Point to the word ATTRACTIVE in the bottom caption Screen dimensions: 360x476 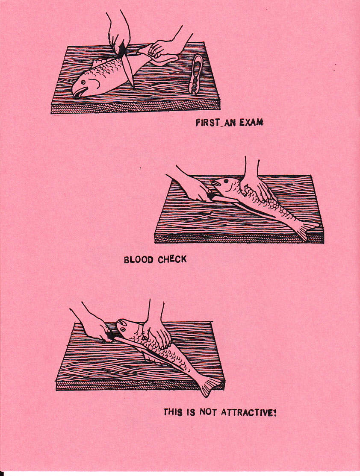pyautogui.click(x=248, y=413)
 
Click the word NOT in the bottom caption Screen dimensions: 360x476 pyautogui.click(x=208, y=412)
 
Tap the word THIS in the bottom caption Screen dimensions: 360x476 pyautogui.click(x=173, y=412)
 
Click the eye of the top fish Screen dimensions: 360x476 pyautogui.click(x=83, y=82)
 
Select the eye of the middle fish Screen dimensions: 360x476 pyautogui.click(x=226, y=182)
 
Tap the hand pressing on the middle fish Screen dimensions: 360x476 pyautogui.click(x=258, y=190)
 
